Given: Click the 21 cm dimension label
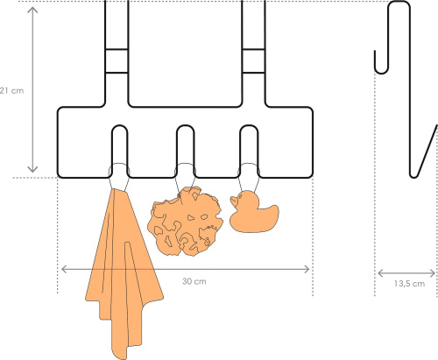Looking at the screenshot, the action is [11, 91].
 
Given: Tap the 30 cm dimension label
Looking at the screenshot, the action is [194, 281].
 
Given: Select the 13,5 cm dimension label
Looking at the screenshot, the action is [409, 284].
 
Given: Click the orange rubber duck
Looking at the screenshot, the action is [254, 212].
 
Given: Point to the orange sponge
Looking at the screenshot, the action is [185, 222].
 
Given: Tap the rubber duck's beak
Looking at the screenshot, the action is [233, 201].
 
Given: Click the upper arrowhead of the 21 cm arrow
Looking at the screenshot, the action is [32, 9].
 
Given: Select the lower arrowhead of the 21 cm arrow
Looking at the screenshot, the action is [32, 170].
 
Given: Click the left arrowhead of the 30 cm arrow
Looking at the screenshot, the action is [63, 269].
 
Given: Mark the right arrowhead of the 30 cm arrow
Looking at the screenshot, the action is [307, 269].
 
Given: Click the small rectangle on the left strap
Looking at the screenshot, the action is [117, 61].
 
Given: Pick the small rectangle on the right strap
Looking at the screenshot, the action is [254, 61].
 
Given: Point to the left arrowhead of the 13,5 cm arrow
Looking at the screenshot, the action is [380, 273].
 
